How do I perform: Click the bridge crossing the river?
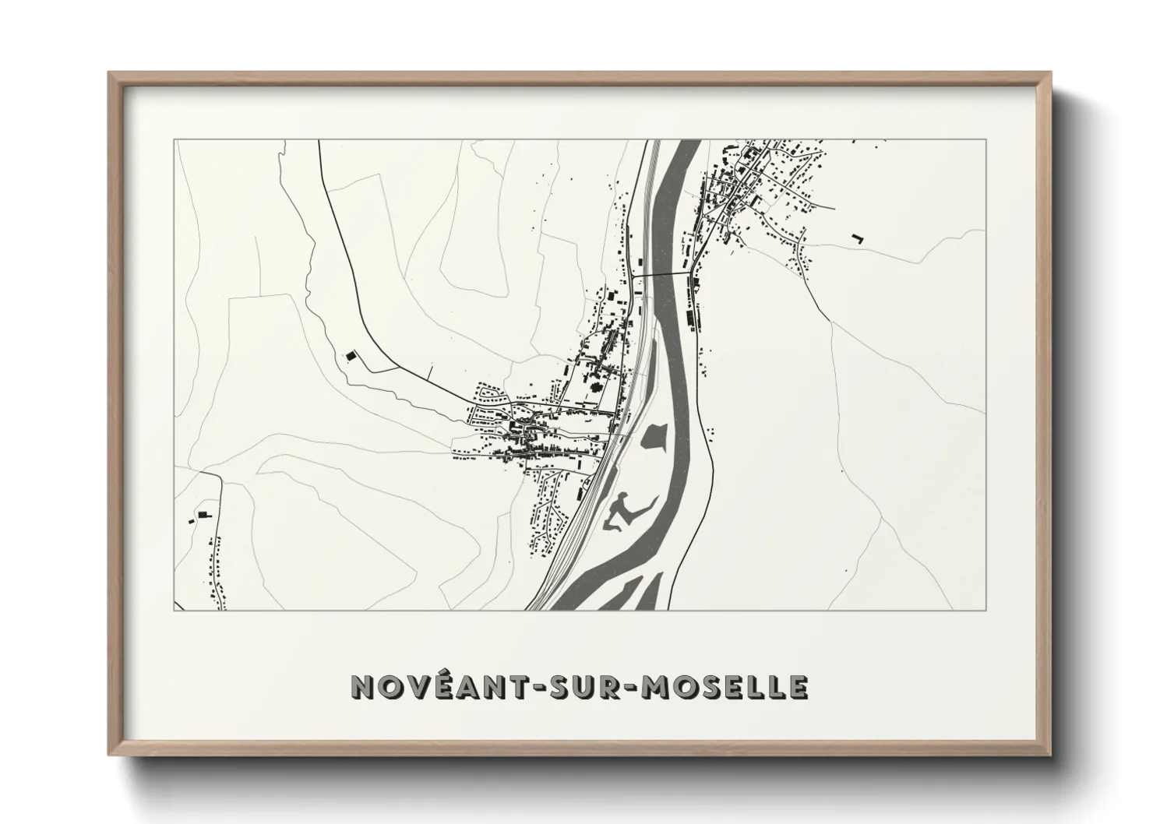[662, 274]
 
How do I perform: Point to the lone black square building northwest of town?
[351, 355]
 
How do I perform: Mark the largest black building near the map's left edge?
[205, 514]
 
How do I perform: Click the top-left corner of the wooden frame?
[110, 74]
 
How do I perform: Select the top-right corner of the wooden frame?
[1049, 74]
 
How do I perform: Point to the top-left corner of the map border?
[175, 140]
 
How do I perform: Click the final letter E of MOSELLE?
[797, 686]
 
